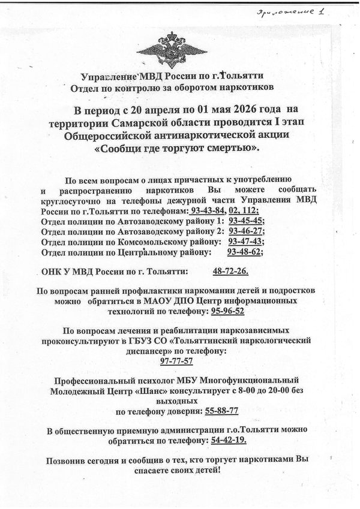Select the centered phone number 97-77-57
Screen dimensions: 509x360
pyautogui.click(x=179, y=362)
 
